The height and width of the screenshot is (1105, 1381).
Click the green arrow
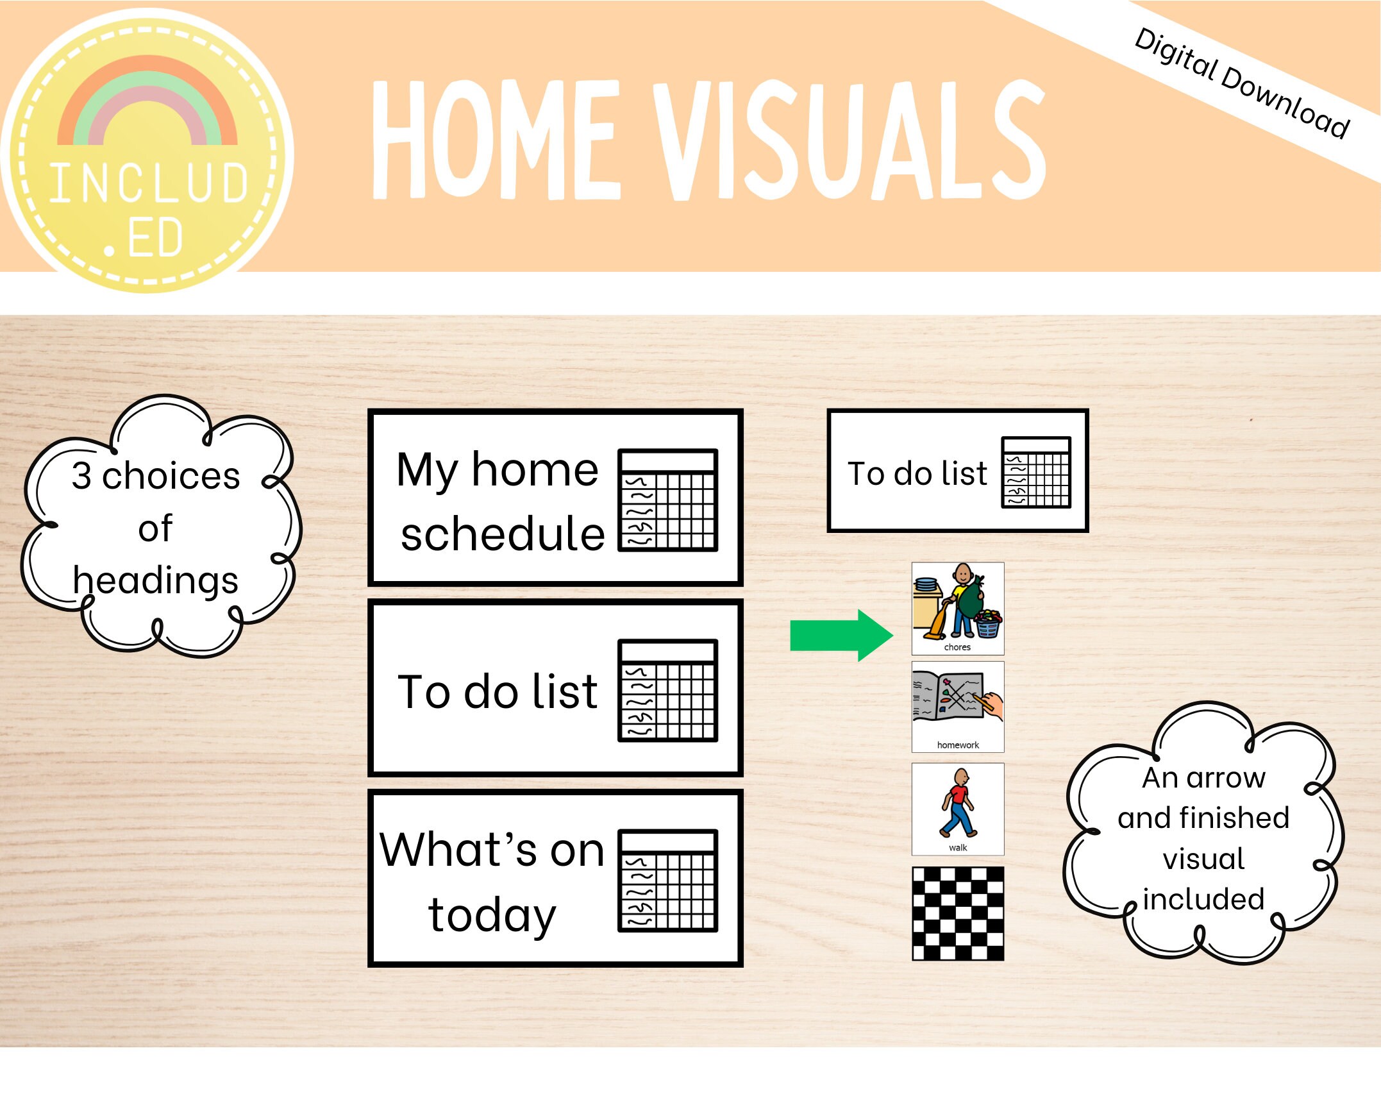(840, 635)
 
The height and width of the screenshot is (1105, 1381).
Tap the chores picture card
(957, 608)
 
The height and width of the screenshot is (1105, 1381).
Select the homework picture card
(957, 706)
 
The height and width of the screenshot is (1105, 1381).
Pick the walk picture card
(957, 808)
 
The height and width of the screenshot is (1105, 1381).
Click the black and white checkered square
(957, 913)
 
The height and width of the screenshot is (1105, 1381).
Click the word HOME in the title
(497, 140)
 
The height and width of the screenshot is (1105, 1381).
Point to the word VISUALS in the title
(850, 140)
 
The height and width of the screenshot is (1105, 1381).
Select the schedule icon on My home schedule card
(667, 500)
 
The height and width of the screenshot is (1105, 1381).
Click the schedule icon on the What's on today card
(667, 881)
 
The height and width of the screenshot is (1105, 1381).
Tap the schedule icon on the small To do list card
(1035, 472)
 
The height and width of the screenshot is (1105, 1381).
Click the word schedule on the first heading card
(503, 534)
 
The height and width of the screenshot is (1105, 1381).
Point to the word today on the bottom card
(492, 915)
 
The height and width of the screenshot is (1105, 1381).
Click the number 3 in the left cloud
(81, 476)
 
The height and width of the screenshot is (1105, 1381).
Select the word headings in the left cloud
(155, 580)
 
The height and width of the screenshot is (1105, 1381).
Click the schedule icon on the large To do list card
(667, 691)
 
